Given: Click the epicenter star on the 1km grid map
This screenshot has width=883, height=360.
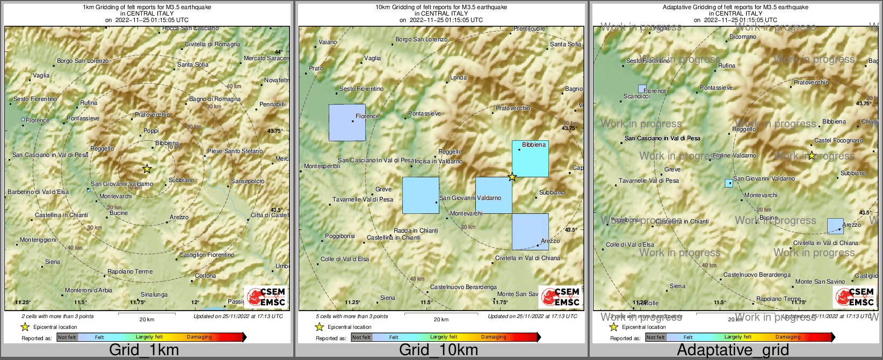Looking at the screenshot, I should pos(147,169).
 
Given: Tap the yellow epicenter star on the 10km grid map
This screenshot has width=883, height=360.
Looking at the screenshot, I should pos(512,177).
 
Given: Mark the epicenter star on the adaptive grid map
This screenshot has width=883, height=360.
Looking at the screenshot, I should pos(812,156).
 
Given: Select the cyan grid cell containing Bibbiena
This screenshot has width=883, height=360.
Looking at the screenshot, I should pos(530,159).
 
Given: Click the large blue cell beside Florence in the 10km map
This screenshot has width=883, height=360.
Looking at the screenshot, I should pos(347,123).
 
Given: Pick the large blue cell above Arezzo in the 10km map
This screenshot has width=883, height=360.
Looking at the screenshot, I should pos(530,232).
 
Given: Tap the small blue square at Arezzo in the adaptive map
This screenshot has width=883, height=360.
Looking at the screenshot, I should pos(835,226).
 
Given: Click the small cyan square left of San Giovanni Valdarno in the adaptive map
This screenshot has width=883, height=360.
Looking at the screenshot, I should pos(729,183).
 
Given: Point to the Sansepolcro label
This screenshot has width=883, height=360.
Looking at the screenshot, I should pos(248,182).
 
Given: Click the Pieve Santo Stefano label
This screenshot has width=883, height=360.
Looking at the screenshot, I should pos(235,152).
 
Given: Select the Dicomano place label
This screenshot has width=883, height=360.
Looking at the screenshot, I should pos(743,37).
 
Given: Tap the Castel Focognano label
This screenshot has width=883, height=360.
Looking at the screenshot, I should pos(838,141).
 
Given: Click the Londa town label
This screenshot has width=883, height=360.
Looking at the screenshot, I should pos(458,78).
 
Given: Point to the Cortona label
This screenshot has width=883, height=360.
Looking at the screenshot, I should pos(205,276).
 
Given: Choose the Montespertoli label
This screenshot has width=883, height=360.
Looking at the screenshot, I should pos(322,167).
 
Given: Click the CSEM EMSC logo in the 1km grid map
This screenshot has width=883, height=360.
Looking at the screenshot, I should pos(266,297).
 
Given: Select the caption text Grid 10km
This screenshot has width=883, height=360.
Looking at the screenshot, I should pos(438,350).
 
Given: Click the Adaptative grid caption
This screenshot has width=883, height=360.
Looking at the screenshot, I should pos(733,350).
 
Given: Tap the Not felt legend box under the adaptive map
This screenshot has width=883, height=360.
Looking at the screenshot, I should pos(655,337).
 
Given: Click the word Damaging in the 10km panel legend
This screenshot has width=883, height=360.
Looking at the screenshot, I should pos(494,337).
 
